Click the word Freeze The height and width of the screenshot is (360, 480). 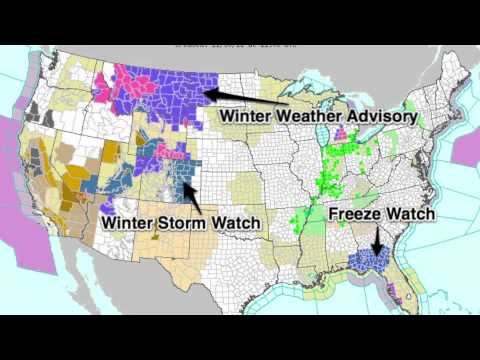coord(356,213)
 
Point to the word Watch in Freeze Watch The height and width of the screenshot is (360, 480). coord(411,213)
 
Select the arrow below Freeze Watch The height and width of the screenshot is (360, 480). coord(377,240)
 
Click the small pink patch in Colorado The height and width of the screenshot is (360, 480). coord(170,157)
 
